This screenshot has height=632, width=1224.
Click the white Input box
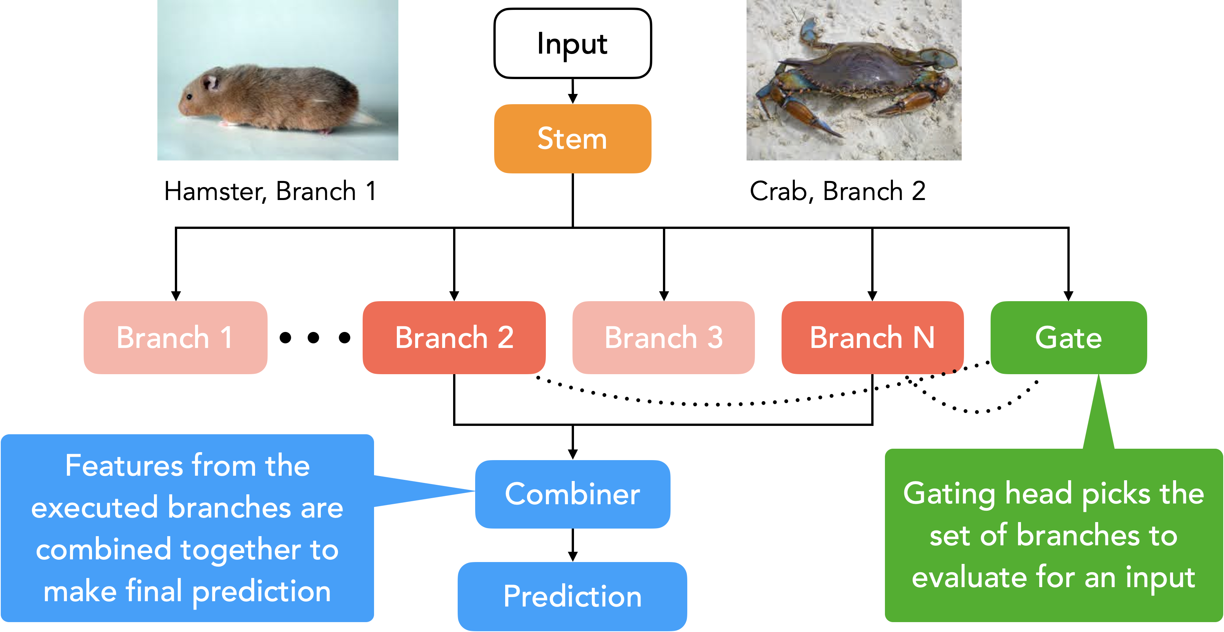tap(572, 43)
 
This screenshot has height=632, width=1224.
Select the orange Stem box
tap(572, 139)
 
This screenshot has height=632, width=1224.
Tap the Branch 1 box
tap(175, 337)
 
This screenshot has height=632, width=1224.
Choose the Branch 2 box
tap(454, 337)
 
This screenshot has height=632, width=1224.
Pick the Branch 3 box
tap(664, 337)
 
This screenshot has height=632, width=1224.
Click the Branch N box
tap(872, 337)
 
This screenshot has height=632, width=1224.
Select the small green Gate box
tap(1069, 337)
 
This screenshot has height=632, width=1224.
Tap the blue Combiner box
tap(572, 494)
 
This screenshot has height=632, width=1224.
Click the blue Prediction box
tap(572, 596)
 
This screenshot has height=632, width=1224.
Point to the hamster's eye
tap(190, 97)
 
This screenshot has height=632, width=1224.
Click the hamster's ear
tap(211, 82)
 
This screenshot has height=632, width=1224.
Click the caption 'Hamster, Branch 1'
tap(271, 192)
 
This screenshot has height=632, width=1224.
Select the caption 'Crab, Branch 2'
tap(838, 192)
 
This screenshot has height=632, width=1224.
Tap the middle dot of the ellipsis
tap(313, 337)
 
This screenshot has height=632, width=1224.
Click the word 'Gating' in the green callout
tap(948, 494)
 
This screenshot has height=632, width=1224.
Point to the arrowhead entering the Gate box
tap(1069, 295)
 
